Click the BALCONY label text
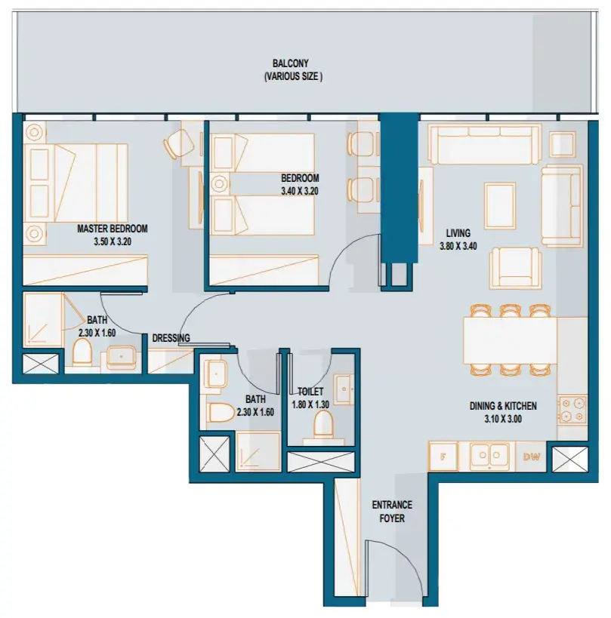(x=291, y=63)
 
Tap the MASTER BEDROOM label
(x=113, y=229)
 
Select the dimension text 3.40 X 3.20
(x=300, y=191)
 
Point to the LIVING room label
(x=458, y=233)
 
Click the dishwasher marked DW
(x=531, y=457)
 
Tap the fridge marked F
(x=443, y=457)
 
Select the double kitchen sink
(x=489, y=456)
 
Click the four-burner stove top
(x=572, y=410)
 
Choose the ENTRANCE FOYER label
(x=392, y=512)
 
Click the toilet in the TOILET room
(x=323, y=426)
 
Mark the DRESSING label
(x=171, y=338)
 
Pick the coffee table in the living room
(x=500, y=205)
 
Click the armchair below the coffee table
(x=515, y=268)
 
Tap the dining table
(x=510, y=340)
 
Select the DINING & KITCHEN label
(x=503, y=406)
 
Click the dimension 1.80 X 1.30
(x=310, y=405)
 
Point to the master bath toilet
(x=82, y=352)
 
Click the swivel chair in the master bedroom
(x=178, y=144)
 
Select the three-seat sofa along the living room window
(x=484, y=144)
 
